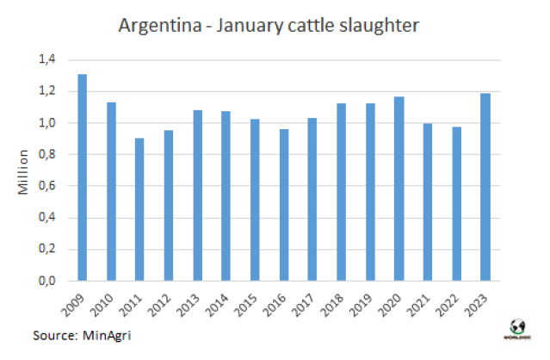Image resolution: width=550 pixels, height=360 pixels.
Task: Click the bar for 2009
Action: click(x=83, y=177)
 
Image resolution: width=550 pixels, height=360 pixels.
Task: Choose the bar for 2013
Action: click(x=198, y=196)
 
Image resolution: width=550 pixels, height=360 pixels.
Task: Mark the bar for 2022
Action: click(x=457, y=204)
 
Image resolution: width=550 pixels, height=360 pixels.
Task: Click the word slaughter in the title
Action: click(x=380, y=25)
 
